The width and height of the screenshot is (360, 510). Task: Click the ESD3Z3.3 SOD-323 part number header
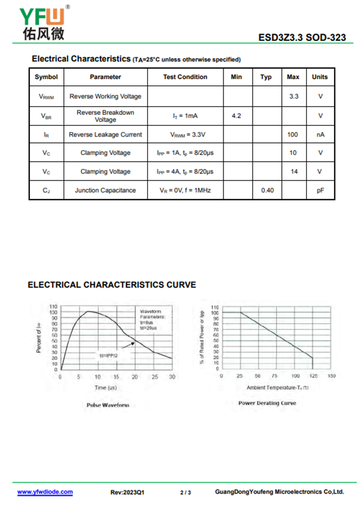click(x=302, y=37)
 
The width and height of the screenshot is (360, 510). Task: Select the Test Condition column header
click(x=185, y=77)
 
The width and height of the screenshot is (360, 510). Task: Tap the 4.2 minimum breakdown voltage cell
click(x=236, y=116)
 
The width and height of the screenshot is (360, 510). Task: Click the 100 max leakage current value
click(x=293, y=134)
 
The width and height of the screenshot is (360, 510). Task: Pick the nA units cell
click(x=320, y=134)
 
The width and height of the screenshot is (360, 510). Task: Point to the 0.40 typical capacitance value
click(x=267, y=190)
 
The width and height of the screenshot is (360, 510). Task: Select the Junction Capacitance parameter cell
click(x=105, y=190)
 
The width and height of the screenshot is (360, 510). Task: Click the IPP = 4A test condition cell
click(x=185, y=171)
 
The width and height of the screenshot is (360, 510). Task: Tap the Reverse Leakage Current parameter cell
click(x=105, y=134)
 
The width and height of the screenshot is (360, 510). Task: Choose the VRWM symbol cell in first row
click(x=46, y=96)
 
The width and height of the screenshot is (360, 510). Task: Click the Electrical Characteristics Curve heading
click(x=112, y=285)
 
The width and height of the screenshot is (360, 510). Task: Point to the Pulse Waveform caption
click(x=108, y=405)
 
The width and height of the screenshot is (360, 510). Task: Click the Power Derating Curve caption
click(x=267, y=403)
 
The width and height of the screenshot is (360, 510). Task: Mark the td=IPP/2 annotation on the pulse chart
click(x=109, y=355)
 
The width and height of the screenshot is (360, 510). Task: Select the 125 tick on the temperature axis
click(x=312, y=376)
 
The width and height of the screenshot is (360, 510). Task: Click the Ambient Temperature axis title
click(x=277, y=387)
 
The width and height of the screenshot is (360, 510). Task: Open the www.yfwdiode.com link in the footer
click(x=45, y=492)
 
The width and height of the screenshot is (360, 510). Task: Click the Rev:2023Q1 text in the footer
click(x=127, y=492)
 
